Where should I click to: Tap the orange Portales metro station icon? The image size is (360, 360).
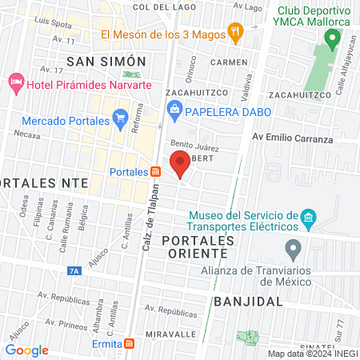[x=155, y=171]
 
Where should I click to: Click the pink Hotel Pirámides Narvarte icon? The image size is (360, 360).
[x=15, y=83]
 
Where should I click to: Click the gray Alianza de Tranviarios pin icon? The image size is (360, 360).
[x=293, y=249]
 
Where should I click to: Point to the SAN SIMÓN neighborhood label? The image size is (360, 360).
[x=106, y=62]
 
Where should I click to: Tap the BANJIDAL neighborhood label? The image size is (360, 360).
[x=249, y=302]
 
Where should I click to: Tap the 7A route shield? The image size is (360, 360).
[x=74, y=271]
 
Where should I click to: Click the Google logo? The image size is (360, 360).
[x=27, y=350]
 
